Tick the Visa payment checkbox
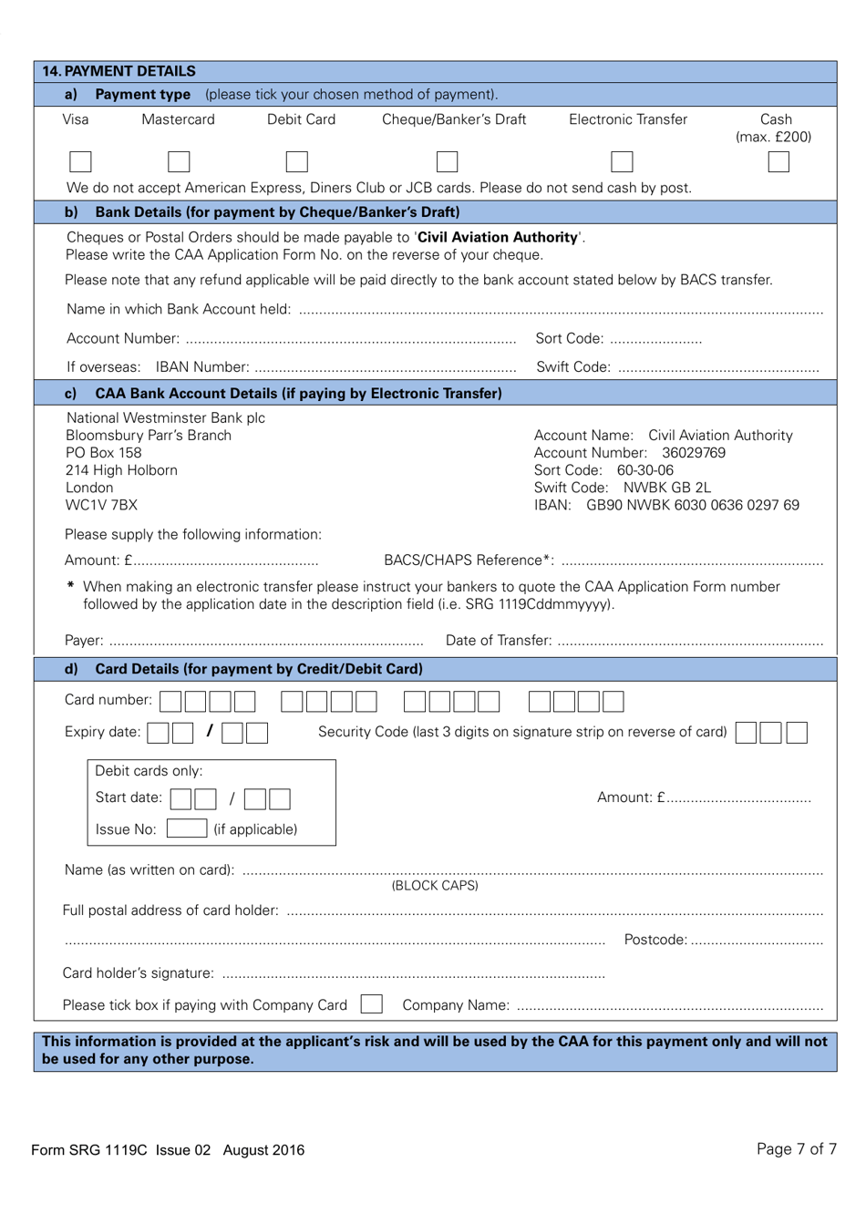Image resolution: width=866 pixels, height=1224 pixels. [x=80, y=162]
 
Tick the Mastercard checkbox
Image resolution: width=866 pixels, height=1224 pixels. [x=179, y=162]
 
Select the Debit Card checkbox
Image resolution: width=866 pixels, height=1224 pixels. [x=296, y=162]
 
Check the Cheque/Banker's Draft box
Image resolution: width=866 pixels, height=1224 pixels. [x=447, y=162]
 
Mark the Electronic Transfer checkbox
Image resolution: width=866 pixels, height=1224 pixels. [x=622, y=162]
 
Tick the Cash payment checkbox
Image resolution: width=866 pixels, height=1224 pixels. [x=778, y=162]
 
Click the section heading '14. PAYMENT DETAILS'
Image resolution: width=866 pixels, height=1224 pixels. [x=119, y=71]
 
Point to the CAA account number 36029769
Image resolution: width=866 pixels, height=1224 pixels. [x=694, y=453]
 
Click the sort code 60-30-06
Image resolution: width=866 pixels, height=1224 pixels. [x=645, y=470]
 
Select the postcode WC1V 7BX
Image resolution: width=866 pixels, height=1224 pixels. [x=101, y=505]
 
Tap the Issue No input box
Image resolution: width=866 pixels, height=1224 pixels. [x=187, y=828]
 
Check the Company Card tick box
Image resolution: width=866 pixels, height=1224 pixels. [x=371, y=1004]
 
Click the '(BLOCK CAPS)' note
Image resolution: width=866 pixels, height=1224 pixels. [x=435, y=886]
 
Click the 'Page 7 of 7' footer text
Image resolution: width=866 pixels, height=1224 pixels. [x=796, y=1149]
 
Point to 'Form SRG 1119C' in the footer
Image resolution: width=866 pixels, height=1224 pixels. [x=89, y=1150]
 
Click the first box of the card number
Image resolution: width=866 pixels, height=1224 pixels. [x=170, y=701]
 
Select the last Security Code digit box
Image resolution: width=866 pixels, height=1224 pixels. [x=797, y=732]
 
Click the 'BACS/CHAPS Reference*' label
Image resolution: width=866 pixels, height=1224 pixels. [x=469, y=560]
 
